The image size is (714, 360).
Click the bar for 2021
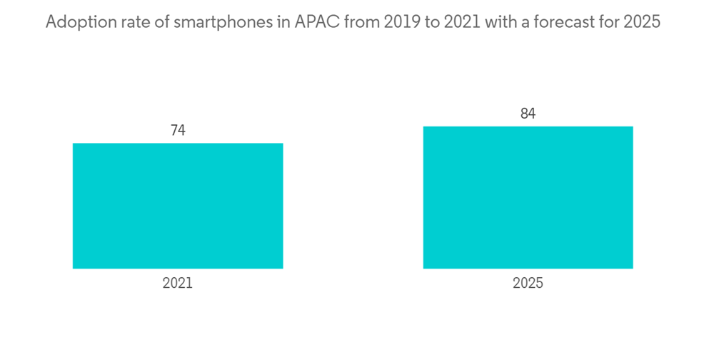tap(178, 206)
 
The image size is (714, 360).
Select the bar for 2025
tap(528, 197)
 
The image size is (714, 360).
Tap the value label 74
tap(178, 131)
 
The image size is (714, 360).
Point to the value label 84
tap(528, 114)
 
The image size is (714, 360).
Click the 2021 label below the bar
tap(178, 284)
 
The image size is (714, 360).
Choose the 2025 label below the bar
tap(528, 284)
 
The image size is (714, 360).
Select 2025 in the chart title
tap(642, 23)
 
